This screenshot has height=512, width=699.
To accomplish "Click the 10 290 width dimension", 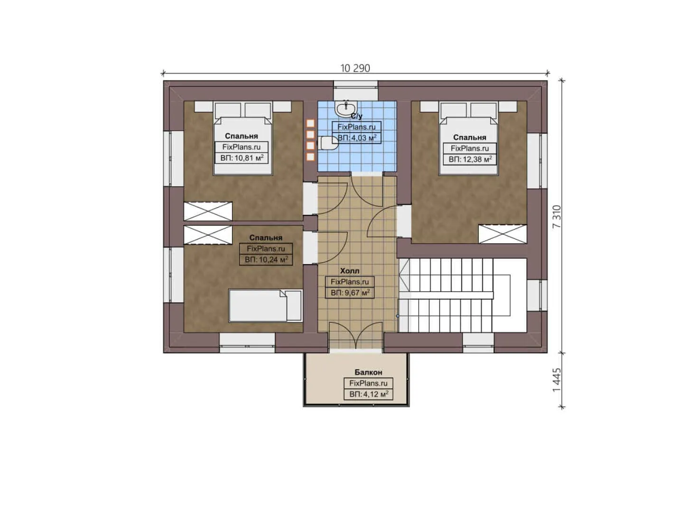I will click(x=355, y=68).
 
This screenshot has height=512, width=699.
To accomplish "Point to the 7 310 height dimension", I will click(x=557, y=217).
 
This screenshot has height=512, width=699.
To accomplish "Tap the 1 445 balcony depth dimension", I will click(x=557, y=380).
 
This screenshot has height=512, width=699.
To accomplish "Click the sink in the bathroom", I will click(x=345, y=109).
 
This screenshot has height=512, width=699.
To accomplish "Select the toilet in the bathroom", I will click(x=328, y=143).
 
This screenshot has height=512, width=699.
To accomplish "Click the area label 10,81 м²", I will click(x=242, y=158).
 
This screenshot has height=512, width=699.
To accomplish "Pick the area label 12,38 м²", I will click(x=470, y=159).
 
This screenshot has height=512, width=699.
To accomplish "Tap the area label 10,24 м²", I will click(x=266, y=259).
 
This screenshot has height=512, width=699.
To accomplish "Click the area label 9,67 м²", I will click(x=350, y=293).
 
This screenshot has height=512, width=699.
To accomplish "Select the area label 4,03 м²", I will click(x=356, y=138).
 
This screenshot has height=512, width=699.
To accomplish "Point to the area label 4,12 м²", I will click(x=368, y=394).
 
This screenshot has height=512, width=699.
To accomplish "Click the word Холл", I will click(x=350, y=271).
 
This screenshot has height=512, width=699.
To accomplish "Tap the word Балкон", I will click(x=368, y=372).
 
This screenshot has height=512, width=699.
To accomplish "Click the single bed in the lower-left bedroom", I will click(x=265, y=306).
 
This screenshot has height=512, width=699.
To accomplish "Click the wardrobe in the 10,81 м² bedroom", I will click(x=208, y=211).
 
